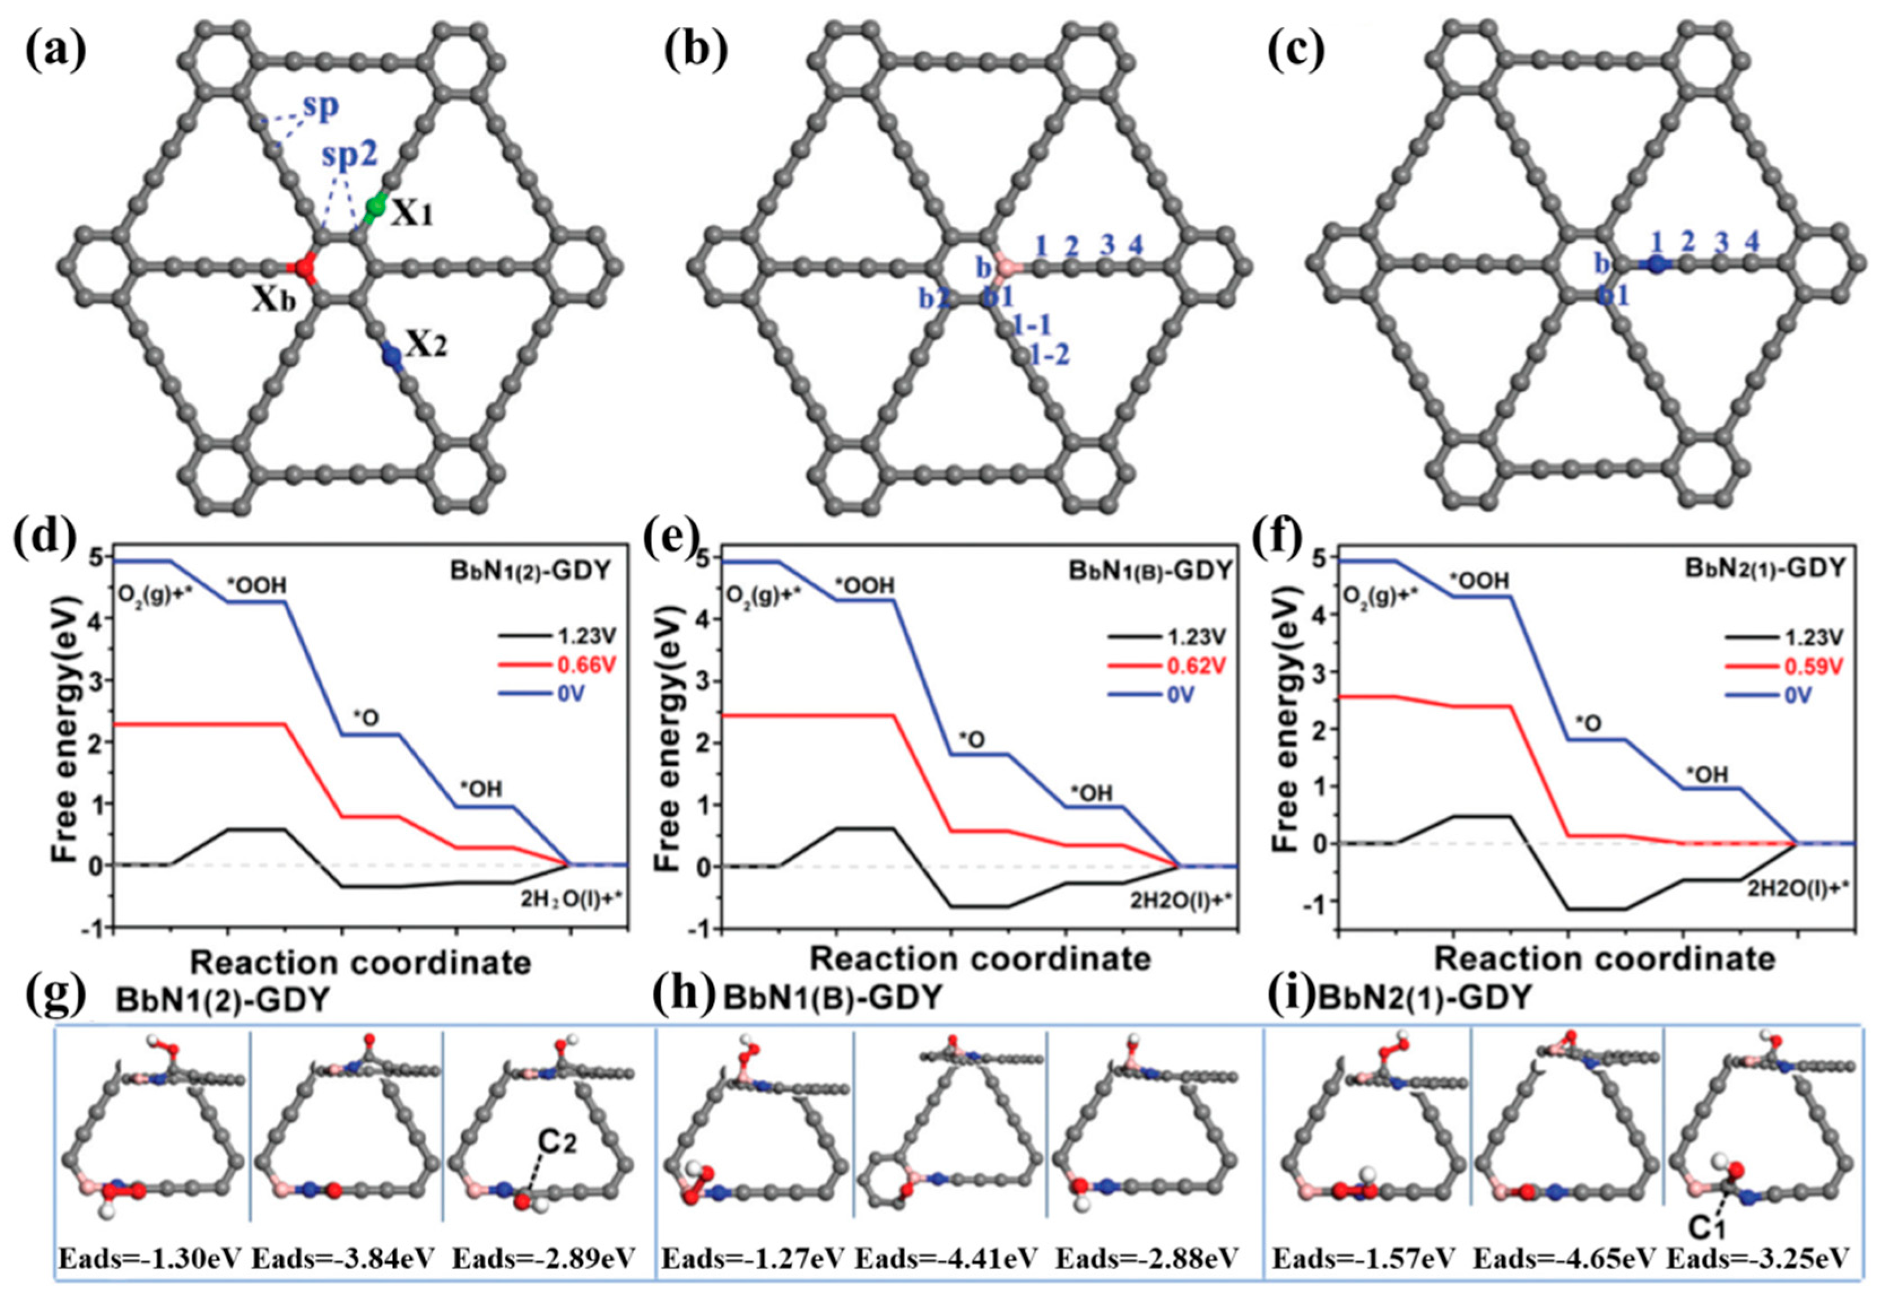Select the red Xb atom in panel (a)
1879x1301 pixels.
(306, 266)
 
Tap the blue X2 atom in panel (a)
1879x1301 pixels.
(392, 355)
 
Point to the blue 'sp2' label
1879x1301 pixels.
(349, 155)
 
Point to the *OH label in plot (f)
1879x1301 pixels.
(1706, 773)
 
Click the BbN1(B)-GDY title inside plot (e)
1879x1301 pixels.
(1150, 571)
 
